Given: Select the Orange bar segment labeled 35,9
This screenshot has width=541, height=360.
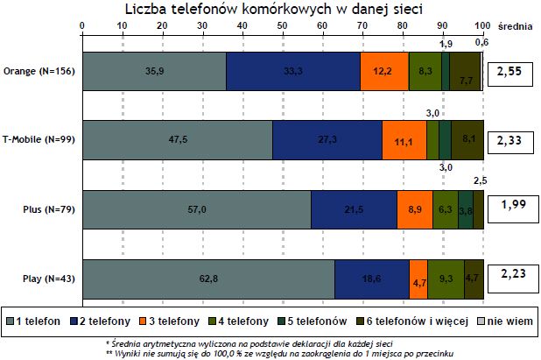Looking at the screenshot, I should [x=154, y=72].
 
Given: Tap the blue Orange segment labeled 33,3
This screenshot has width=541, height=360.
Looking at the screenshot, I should [x=293, y=72].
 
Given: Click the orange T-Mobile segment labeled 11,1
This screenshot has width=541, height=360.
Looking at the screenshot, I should [x=404, y=140].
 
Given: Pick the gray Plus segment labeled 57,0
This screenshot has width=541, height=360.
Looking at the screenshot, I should [x=197, y=209].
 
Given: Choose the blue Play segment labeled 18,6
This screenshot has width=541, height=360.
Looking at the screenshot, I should [x=372, y=279].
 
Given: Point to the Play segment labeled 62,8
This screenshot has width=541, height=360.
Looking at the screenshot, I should [x=208, y=279].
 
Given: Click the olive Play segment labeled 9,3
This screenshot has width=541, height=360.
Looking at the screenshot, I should [x=446, y=279].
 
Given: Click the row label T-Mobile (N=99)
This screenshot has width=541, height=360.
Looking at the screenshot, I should [x=39, y=140].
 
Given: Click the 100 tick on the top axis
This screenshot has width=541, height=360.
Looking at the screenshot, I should [x=482, y=26].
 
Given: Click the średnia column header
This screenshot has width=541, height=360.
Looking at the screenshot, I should [x=516, y=26].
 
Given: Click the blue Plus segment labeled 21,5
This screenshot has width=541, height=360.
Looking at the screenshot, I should [x=354, y=209].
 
